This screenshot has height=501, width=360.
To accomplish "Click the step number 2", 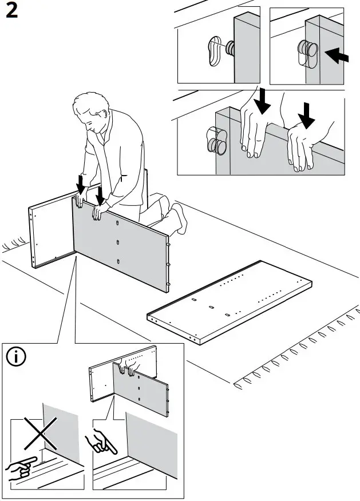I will (x=12, y=13).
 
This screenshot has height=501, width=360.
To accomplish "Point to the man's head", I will (x=92, y=112).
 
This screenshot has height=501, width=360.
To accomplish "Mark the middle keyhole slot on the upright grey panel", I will (x=118, y=242).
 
